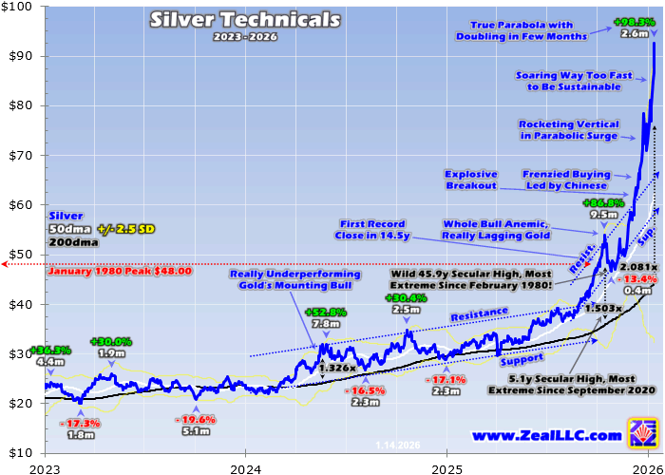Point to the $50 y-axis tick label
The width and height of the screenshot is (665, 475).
21,255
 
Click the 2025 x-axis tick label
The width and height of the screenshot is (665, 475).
446,467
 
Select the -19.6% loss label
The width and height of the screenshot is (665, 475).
197,419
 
